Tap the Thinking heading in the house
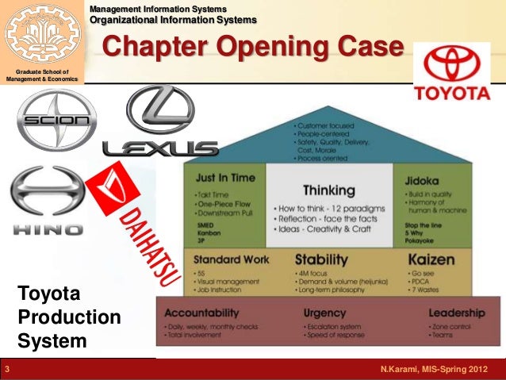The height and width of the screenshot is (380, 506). pyautogui.click(x=328, y=190)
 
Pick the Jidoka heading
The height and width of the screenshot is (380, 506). pyautogui.click(x=422, y=177)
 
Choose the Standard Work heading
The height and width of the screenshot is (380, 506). pyautogui.click(x=230, y=259)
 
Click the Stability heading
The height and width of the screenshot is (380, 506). pyautogui.click(x=322, y=259)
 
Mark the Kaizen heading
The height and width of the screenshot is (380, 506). pyautogui.click(x=431, y=259)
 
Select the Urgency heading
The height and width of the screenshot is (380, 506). pyautogui.click(x=324, y=313)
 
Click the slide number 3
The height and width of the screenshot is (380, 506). pyautogui.click(x=7, y=370)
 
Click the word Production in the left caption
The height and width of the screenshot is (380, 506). pyautogui.click(x=68, y=317)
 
